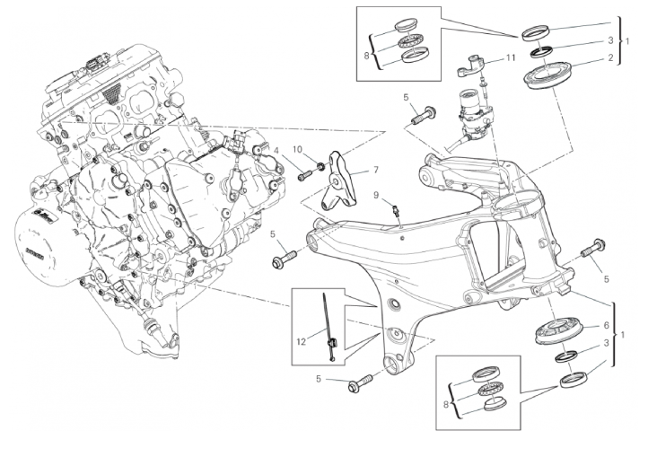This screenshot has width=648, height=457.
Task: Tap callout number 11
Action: click(x=509, y=57)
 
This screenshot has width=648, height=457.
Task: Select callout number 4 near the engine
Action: click(x=276, y=149)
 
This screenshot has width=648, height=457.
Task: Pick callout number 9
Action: click(x=377, y=196)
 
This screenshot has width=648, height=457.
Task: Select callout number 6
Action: click(x=608, y=325)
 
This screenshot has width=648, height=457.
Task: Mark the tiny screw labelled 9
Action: click(x=395, y=212)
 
